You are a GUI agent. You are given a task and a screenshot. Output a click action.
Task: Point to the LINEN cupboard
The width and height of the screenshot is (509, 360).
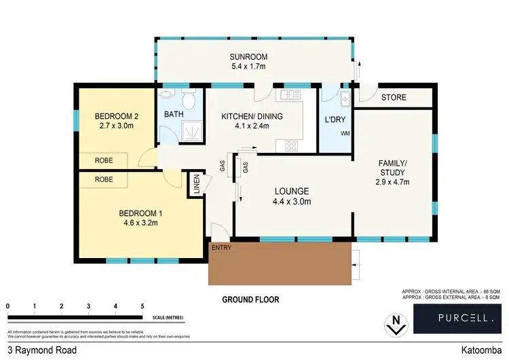point(197,184)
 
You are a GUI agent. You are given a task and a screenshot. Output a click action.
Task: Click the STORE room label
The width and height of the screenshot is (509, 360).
point(394,98)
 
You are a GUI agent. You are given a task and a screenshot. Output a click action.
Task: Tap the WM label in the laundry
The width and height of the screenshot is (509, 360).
point(345,133)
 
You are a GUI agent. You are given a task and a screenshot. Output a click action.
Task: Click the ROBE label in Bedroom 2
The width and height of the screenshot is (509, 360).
point(103,160)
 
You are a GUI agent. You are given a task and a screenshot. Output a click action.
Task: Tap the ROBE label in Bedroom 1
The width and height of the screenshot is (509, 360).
point(103,180)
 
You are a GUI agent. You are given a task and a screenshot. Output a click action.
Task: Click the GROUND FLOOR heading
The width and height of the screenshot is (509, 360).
point(250,300)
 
